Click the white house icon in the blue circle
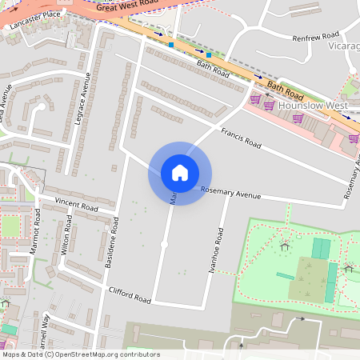(x=180, y=173)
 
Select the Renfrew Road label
(x=316, y=37)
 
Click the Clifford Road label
(x=129, y=294)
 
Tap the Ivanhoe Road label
(x=214, y=251)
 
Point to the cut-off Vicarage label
(x=344, y=46)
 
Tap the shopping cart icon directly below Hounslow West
(x=298, y=118)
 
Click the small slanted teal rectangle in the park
(x=285, y=276)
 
